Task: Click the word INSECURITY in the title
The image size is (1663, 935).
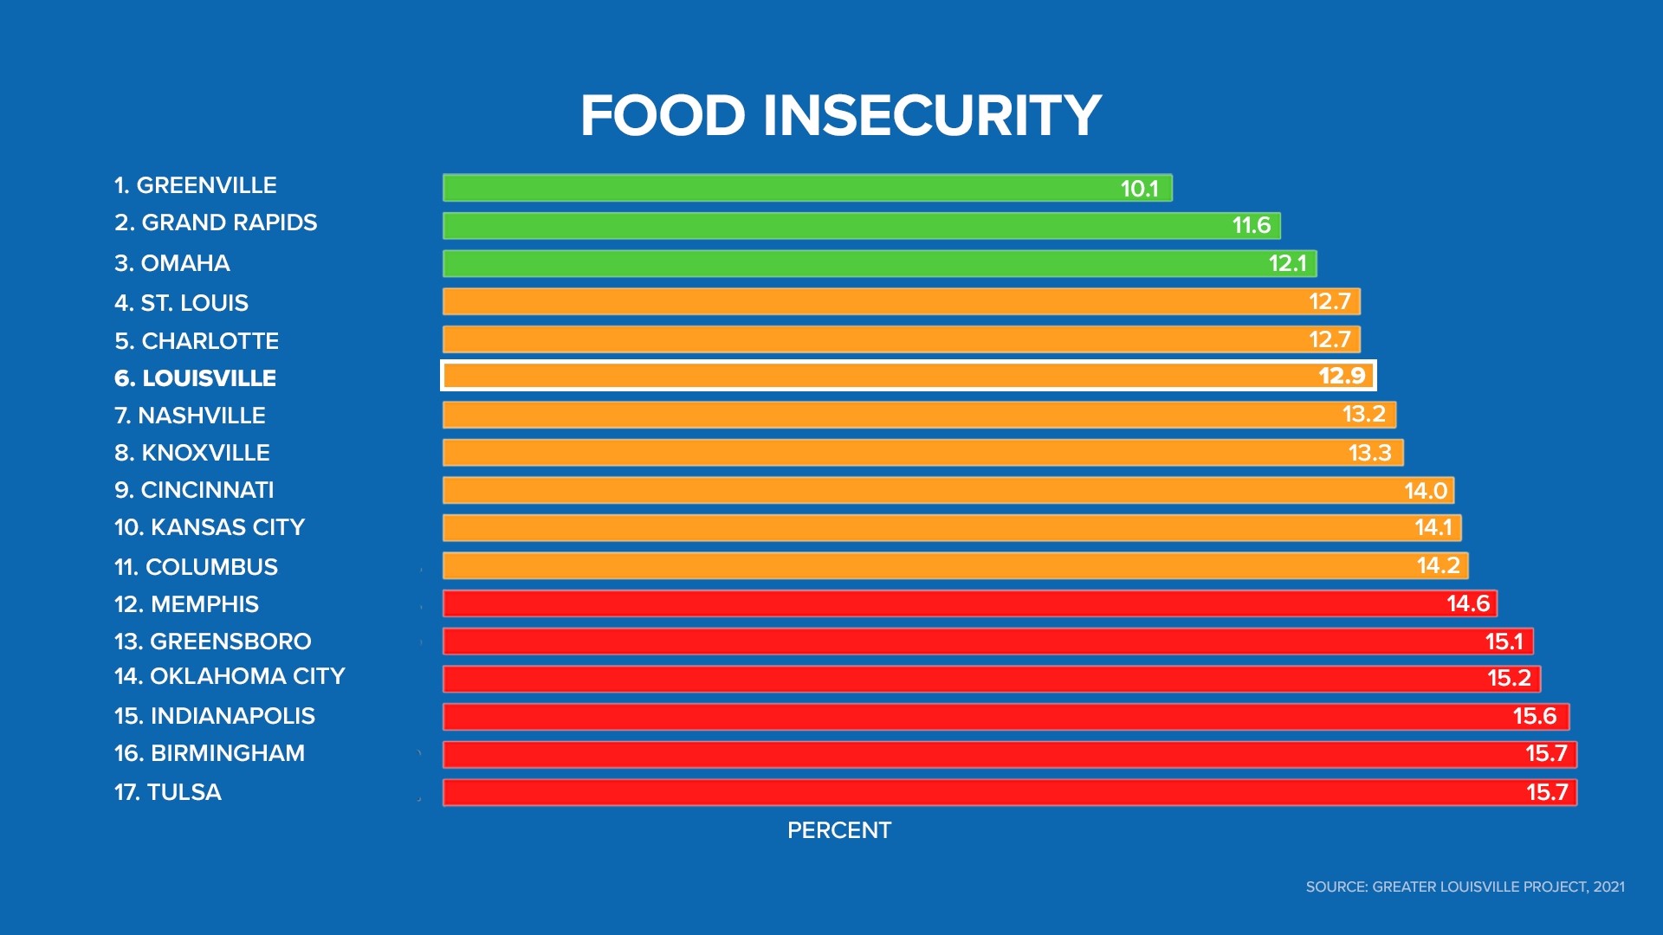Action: [x=931, y=115]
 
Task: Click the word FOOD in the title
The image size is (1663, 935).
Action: [x=663, y=115]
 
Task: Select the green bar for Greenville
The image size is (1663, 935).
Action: [x=780, y=188]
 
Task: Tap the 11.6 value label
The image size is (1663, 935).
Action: [x=1251, y=226]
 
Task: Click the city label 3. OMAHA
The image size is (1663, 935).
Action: [x=172, y=263]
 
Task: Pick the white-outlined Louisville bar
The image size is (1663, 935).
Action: [x=866, y=376]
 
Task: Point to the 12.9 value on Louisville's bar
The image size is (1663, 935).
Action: [x=1342, y=376]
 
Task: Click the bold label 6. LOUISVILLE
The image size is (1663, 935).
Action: [x=196, y=378]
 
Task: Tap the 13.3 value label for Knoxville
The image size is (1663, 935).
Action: [x=1369, y=453]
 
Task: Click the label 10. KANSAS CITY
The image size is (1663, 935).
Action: [x=210, y=527]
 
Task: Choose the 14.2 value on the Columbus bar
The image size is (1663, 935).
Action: [x=1438, y=565]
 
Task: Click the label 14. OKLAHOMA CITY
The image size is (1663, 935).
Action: [x=230, y=676]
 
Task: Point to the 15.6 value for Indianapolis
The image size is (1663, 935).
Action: [x=1534, y=716]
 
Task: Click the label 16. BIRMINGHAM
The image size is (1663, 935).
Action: [x=210, y=753]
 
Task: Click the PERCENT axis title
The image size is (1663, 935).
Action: [x=838, y=830]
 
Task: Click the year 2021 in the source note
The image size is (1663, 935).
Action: [x=1608, y=887]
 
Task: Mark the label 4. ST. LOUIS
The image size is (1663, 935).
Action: [x=181, y=303]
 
